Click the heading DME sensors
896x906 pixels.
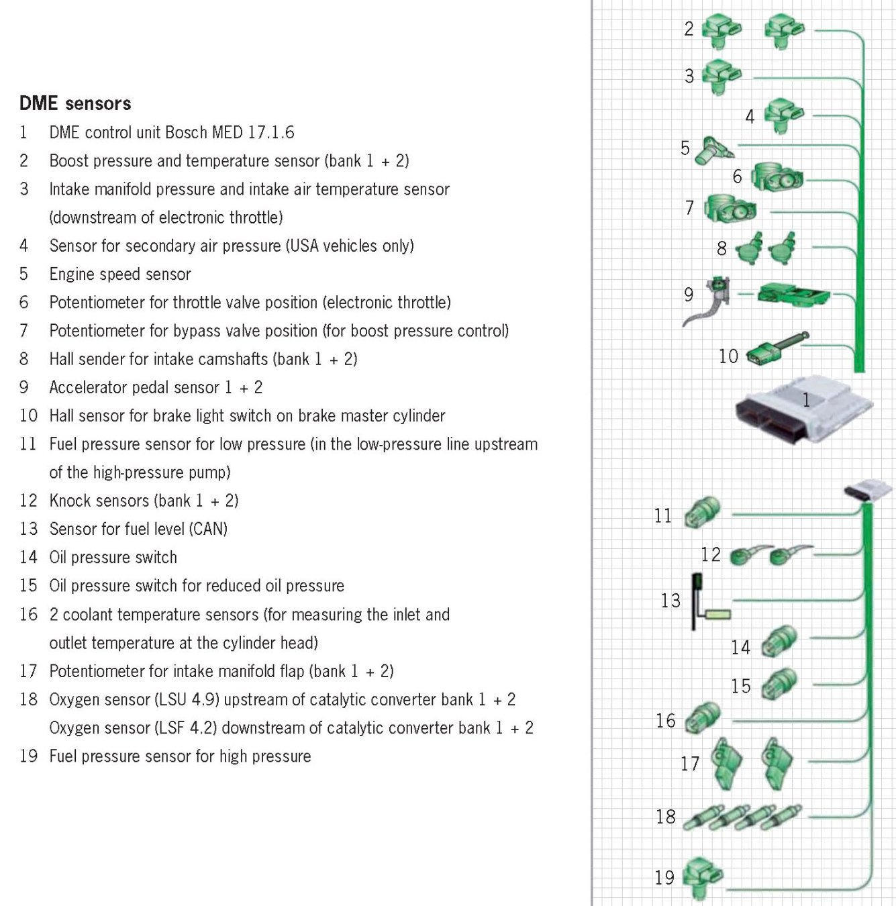coord(75,103)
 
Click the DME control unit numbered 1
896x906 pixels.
coord(803,409)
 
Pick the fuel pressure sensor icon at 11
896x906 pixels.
coord(702,513)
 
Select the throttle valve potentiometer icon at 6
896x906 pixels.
coord(777,177)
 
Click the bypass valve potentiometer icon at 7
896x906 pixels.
coord(729,209)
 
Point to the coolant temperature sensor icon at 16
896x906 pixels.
coord(702,718)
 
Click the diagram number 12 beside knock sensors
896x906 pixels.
coord(710,554)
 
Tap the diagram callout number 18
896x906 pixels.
coord(666,817)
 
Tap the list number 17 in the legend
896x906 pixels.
coord(28,671)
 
